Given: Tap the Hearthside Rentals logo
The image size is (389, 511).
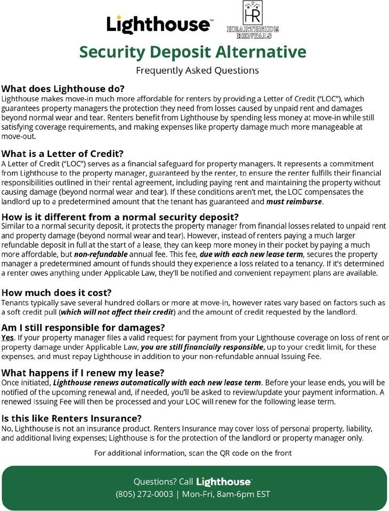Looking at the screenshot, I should point(253,20).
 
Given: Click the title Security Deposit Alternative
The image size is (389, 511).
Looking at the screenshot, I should point(193,52).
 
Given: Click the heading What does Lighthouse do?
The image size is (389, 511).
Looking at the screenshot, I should point(63,88).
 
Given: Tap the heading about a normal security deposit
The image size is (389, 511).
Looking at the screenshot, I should point(120,217).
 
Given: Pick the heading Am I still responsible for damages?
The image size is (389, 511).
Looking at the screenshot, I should point(83,327).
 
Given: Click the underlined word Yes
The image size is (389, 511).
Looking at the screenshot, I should point(7,337).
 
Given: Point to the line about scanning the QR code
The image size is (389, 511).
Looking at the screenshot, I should point(193,453).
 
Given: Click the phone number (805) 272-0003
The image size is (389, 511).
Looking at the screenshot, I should point(144,494).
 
